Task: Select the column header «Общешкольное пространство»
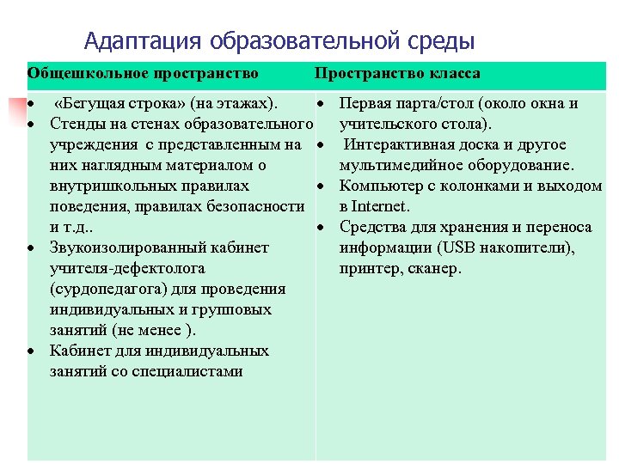(x=143, y=74)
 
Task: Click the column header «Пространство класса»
(x=397, y=74)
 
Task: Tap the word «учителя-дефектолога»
(x=127, y=269)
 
